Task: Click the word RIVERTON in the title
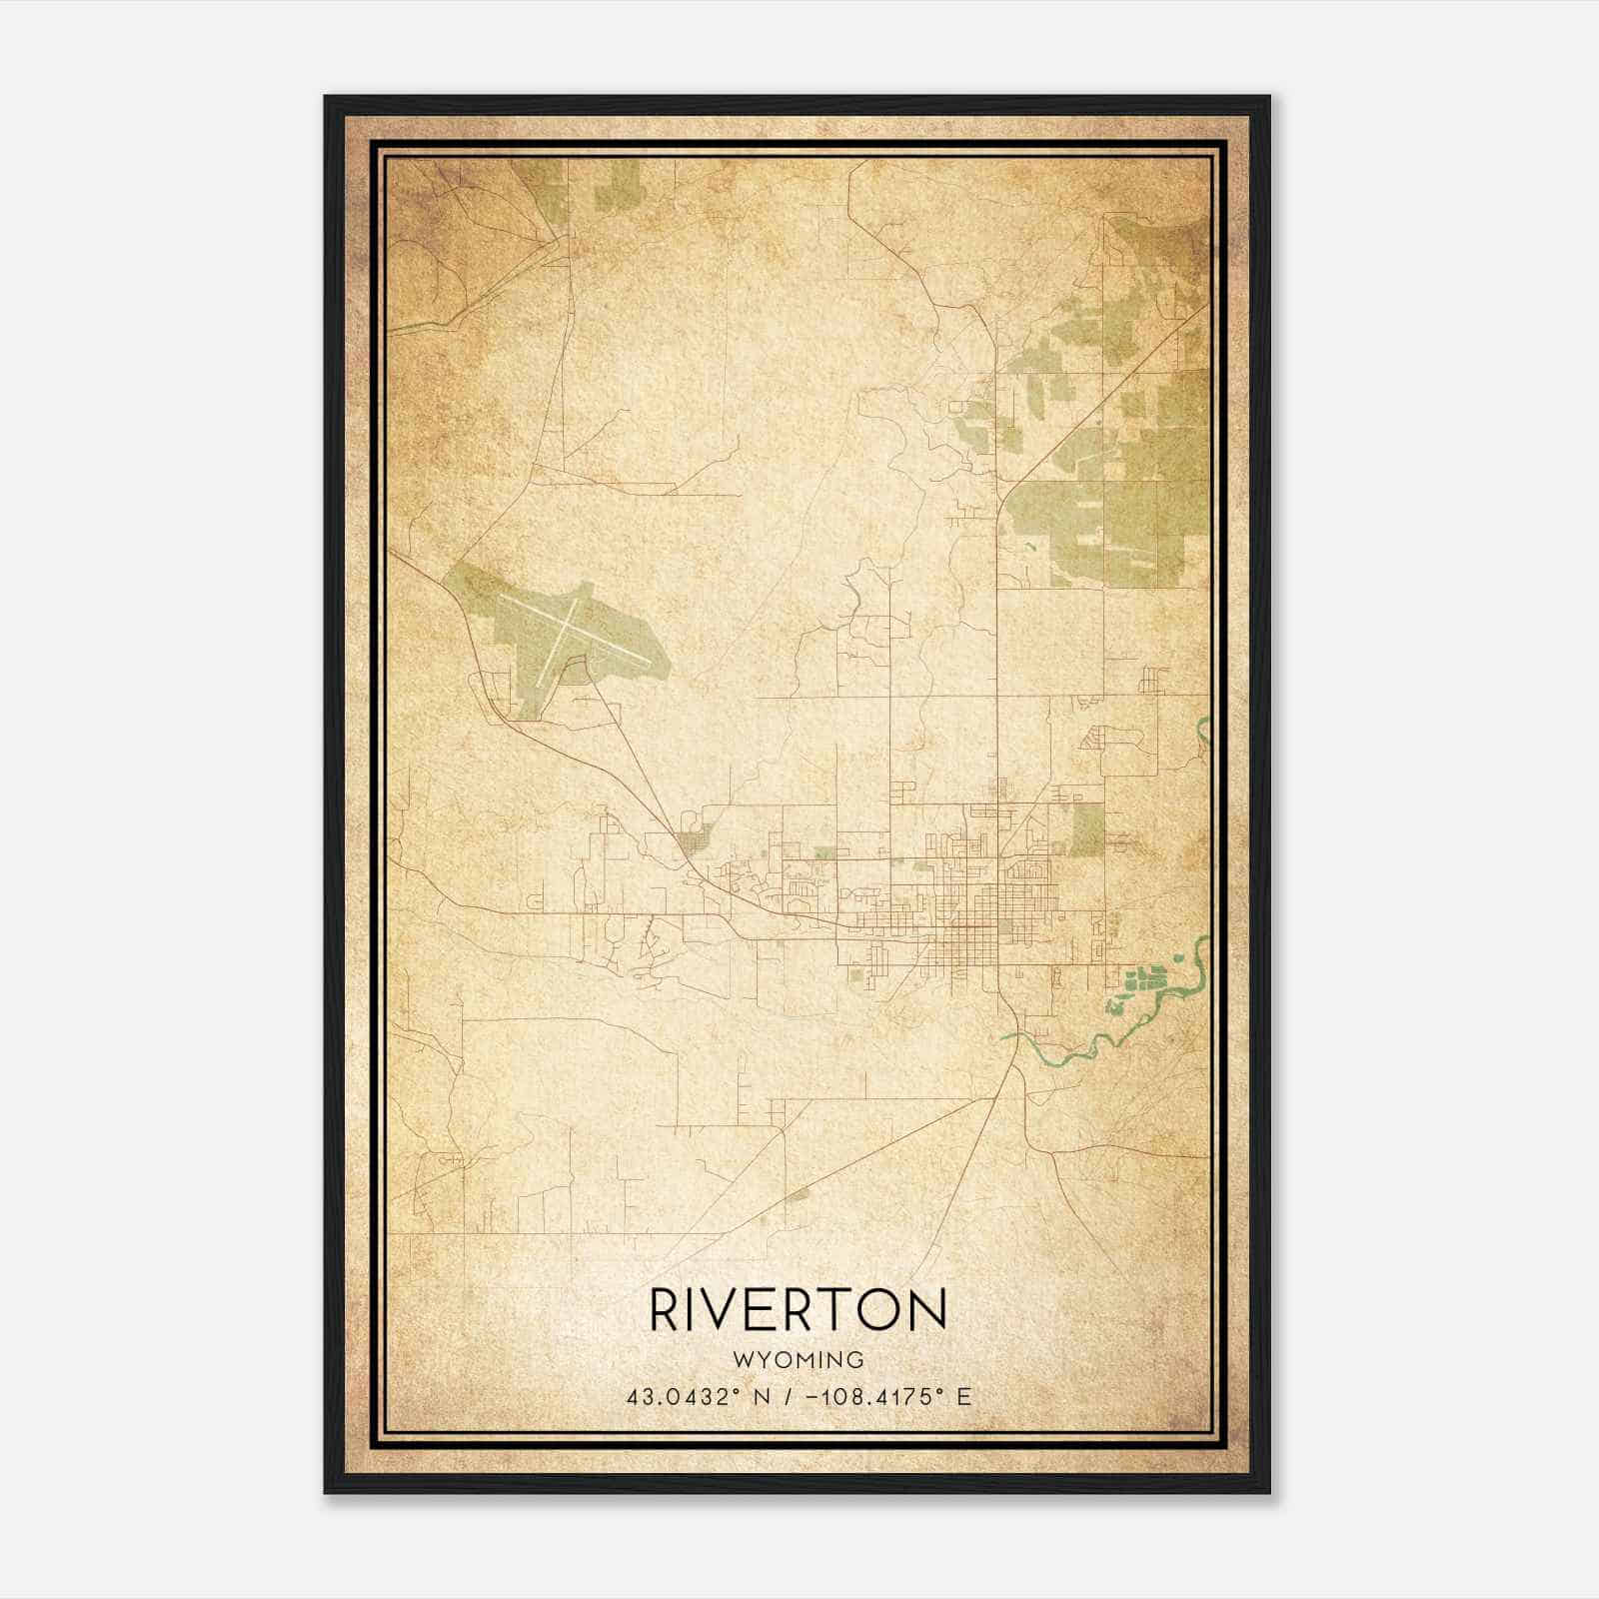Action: pos(799,1309)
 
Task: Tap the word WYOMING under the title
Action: pos(799,1359)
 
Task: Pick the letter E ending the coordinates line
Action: pos(964,1396)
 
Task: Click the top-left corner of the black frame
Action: pos(325,97)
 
